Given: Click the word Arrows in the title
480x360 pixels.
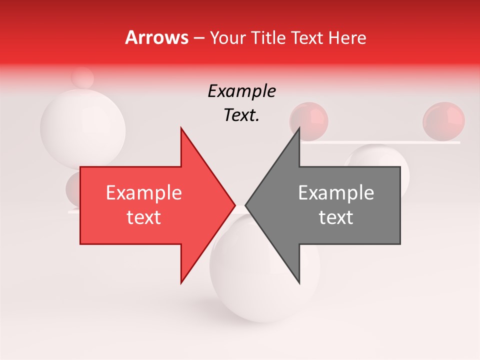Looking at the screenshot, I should pos(156,37).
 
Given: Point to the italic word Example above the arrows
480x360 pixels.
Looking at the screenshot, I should pos(241,91).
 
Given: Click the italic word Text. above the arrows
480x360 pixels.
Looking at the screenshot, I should pos(241,115).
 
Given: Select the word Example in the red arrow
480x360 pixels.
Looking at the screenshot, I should pos(144,193).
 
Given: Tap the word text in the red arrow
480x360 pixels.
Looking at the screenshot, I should pos(144,217).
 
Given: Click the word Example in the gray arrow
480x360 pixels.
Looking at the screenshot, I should pos(336,193).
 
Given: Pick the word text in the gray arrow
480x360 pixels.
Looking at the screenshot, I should pos(336,217).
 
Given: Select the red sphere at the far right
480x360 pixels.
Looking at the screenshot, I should pos(443,121).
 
